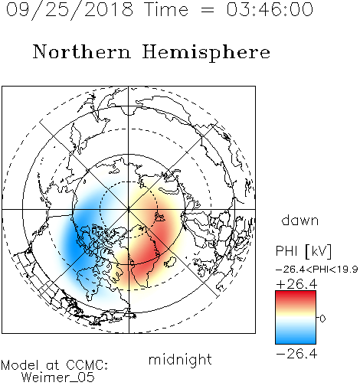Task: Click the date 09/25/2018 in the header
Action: (70, 10)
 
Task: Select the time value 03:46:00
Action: (270, 9)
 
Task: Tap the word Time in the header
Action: (166, 9)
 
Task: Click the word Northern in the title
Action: (82, 52)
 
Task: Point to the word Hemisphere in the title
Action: (206, 53)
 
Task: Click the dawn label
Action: (300, 221)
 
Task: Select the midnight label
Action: (180, 359)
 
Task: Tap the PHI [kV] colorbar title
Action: (303, 251)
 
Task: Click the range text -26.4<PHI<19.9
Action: (316, 270)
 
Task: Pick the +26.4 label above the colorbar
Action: (296, 284)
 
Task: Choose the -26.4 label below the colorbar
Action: (296, 354)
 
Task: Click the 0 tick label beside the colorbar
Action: (322, 319)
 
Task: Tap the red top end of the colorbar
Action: (296, 293)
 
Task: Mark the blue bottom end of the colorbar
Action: (296, 342)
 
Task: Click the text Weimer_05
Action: (58, 377)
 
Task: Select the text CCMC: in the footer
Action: (87, 364)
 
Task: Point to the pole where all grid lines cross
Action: (129, 210)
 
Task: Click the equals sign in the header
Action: (208, 11)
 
